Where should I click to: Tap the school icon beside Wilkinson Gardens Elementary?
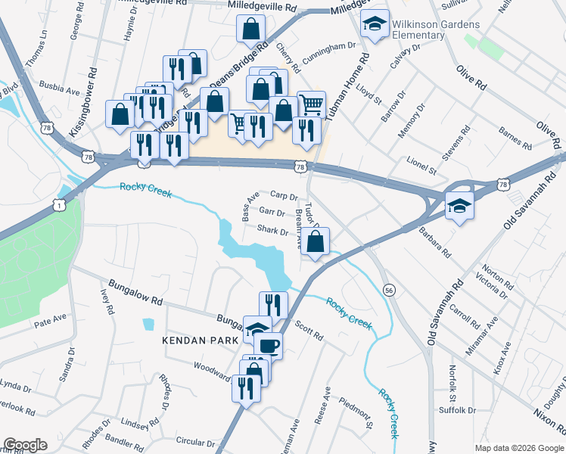click(375, 25)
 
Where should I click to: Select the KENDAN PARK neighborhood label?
click(201, 341)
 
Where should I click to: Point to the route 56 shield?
click(389, 290)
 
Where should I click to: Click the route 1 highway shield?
click(58, 204)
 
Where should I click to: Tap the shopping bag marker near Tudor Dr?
click(317, 243)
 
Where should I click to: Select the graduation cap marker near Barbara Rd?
click(459, 205)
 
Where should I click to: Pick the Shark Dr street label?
click(272, 230)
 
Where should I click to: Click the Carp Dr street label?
click(285, 196)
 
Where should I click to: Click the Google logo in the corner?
click(25, 445)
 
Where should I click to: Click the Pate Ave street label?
click(49, 323)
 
